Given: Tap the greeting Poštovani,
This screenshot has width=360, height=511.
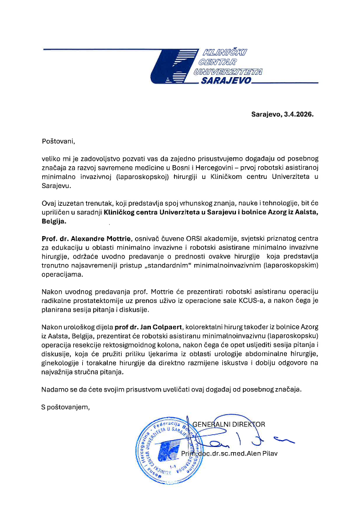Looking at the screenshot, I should click(58, 140).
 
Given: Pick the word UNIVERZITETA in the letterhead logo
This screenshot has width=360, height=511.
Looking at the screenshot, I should click(228, 71).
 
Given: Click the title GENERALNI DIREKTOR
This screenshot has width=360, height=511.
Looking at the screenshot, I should click(229, 424).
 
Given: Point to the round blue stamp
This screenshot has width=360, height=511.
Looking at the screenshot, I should click(166, 452).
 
